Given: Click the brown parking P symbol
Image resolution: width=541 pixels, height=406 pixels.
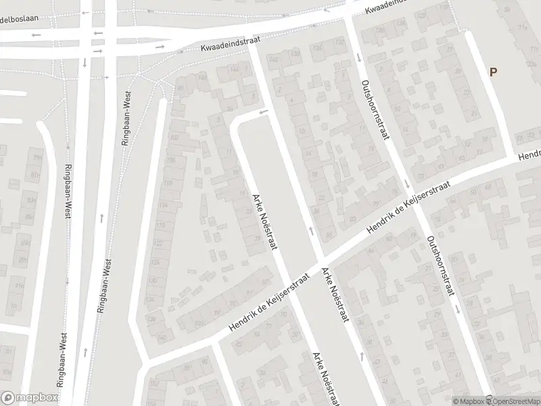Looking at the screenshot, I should (x=493, y=72).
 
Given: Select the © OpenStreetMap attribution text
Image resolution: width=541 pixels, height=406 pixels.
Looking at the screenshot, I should (x=513, y=401).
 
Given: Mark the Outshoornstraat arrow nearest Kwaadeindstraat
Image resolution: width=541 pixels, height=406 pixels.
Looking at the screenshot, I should (x=357, y=58).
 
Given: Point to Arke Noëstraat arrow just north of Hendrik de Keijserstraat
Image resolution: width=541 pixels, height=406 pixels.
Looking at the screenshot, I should (x=311, y=231).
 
